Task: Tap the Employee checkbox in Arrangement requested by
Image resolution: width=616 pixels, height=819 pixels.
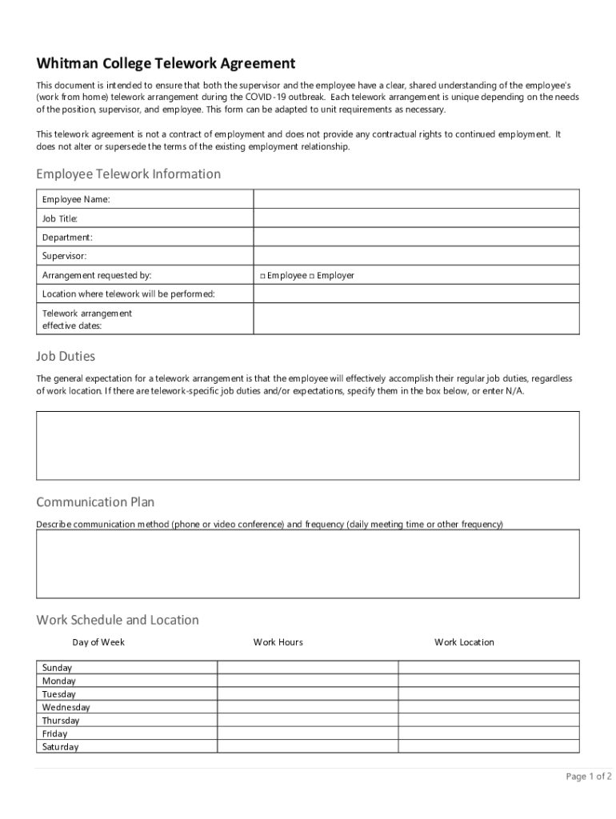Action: tap(262, 276)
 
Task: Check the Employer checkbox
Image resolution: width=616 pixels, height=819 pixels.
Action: tap(312, 276)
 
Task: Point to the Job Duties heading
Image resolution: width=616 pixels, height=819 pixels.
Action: tap(66, 356)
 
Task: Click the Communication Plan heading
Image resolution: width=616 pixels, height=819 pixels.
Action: tap(95, 502)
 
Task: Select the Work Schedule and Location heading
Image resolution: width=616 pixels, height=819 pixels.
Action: tap(118, 620)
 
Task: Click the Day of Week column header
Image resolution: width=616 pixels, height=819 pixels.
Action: tap(98, 642)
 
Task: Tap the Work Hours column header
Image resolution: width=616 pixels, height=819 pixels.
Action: tap(278, 642)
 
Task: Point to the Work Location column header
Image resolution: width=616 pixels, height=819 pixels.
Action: tap(464, 642)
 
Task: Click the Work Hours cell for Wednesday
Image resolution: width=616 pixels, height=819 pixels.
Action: tap(307, 707)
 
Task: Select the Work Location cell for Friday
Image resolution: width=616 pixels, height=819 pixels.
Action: tap(489, 733)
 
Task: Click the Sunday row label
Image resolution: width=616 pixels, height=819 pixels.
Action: tap(57, 668)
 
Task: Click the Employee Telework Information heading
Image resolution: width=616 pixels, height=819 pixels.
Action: tap(128, 174)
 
